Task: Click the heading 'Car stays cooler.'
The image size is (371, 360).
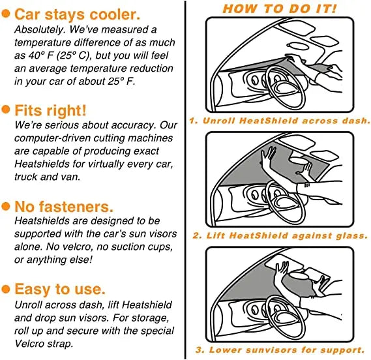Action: [x=77, y=14]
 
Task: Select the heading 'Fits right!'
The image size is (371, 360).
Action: [x=50, y=110]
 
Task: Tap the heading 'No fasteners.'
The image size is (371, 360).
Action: [x=64, y=206]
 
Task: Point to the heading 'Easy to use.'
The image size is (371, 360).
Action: [x=60, y=289]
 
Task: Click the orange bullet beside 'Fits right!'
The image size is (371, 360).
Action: [x=6, y=110]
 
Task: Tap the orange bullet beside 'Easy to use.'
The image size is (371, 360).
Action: [x=6, y=289]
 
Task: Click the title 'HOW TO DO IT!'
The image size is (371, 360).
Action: [x=280, y=8]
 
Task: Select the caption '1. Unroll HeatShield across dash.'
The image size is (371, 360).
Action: [x=280, y=121]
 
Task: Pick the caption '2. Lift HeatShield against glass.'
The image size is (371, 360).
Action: [x=280, y=235]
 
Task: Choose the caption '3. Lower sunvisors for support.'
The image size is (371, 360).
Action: [x=280, y=350]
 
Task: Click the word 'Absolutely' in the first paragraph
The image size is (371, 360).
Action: [x=40, y=30]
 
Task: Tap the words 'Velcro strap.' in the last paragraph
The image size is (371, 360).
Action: [x=44, y=344]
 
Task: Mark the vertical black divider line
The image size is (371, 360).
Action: [x=185, y=180]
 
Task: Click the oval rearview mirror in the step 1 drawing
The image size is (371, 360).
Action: [x=298, y=46]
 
